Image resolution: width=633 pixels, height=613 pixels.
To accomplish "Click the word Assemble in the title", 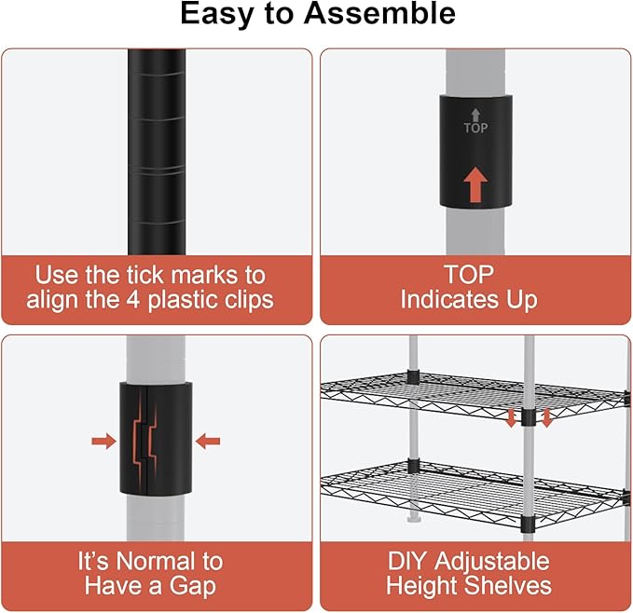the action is pos(379,13).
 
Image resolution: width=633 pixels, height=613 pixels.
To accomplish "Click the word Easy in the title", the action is pos(218,15).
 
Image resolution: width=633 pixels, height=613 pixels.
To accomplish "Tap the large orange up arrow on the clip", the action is pos(475,184).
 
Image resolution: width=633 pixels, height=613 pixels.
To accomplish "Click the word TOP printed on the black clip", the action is pos(475,128).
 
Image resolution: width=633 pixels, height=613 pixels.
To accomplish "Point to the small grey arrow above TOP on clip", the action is pos(476,115).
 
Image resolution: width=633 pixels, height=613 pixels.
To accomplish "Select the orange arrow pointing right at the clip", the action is pos(103,442).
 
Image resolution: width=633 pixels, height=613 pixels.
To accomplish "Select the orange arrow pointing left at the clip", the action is pos(208,442).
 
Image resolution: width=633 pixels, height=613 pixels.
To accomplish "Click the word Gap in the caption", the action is pos(192,586).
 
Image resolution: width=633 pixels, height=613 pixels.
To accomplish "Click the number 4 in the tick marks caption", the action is pos(133,300).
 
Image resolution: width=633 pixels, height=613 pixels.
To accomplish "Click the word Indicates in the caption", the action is pos(449,300).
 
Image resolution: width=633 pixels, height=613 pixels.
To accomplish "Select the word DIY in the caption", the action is pos(407,561).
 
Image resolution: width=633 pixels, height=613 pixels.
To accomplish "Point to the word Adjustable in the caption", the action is pos(492,562).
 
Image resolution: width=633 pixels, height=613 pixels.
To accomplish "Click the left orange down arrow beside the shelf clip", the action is pos(511,418).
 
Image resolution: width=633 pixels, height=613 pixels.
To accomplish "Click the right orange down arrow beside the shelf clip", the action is pos(546,418).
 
